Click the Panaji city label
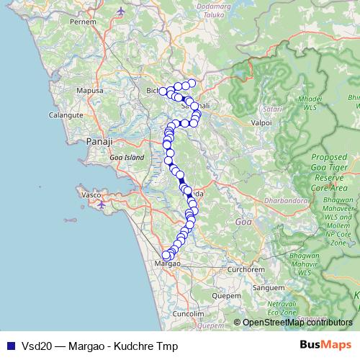[96, 142]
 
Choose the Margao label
[167, 264]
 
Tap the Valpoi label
[260, 123]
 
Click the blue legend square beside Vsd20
[8, 346]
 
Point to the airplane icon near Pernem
[120, 12]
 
